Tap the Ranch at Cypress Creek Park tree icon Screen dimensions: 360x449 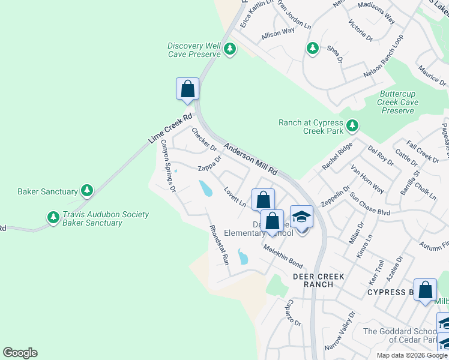(x=352, y=126)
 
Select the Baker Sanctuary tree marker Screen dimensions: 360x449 (x=88, y=191)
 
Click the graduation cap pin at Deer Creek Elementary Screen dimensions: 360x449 (x=302, y=217)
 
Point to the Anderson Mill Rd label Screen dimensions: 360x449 (x=250, y=158)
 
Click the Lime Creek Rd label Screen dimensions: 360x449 (x=170, y=128)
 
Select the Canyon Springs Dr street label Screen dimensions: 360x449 (x=167, y=166)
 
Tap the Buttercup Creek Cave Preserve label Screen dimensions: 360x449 (x=398, y=102)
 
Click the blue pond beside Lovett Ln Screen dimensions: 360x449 (x=206, y=188)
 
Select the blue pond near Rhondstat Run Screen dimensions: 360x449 (x=243, y=257)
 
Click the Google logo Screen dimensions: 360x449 (x=20, y=353)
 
